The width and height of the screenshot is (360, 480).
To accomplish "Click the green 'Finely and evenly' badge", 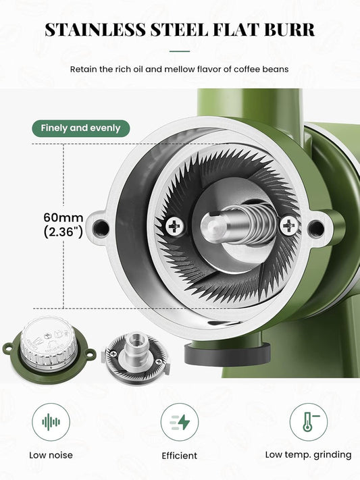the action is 81,128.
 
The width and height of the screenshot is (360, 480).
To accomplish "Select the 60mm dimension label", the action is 63,217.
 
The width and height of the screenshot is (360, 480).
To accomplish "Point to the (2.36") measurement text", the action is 63,232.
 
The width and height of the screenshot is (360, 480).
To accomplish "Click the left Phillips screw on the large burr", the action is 175,227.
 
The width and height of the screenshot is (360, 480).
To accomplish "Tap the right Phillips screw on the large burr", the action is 288,226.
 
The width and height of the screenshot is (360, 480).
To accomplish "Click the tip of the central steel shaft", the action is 213,227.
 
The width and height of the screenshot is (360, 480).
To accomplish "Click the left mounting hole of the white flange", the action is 101,228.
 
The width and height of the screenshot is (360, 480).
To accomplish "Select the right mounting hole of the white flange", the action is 315,228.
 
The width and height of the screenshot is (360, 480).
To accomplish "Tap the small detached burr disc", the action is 136,358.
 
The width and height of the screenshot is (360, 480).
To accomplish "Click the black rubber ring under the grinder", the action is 228,354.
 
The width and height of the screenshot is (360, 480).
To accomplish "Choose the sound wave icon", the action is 51,422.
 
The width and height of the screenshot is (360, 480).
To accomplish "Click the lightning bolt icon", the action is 180,422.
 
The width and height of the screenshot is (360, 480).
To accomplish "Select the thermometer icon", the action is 310,422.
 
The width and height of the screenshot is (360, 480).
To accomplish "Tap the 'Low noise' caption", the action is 51,455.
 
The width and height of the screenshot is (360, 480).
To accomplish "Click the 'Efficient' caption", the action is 180,456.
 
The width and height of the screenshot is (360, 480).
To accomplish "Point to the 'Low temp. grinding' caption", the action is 308,455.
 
